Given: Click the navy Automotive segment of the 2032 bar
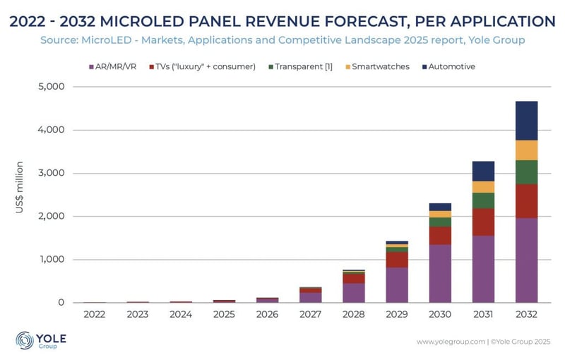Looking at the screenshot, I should pyautogui.click(x=526, y=121).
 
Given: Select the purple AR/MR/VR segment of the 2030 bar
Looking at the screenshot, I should pyautogui.click(x=440, y=273).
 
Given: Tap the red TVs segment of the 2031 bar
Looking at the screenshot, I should pyautogui.click(x=483, y=222).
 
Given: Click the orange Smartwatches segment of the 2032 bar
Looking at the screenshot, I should pyautogui.click(x=526, y=150).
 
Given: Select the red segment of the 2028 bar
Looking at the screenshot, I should pyautogui.click(x=354, y=278).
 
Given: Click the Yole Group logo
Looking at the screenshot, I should pyautogui.click(x=41, y=340).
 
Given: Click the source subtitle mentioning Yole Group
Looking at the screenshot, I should pyautogui.click(x=282, y=40).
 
